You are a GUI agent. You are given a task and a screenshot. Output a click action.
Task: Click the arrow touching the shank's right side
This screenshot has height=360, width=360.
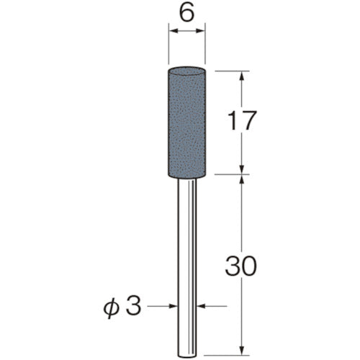pos(199,307)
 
